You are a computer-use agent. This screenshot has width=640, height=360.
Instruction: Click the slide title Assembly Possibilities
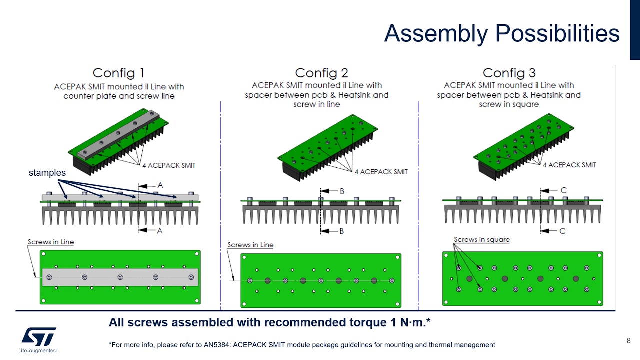tap(501, 34)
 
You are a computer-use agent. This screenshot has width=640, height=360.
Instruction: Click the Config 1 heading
tap(119, 73)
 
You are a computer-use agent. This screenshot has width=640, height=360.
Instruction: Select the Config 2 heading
tap(321, 73)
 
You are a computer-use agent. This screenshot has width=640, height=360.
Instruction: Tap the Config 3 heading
tap(509, 73)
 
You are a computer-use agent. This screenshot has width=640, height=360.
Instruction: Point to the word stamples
tap(47, 172)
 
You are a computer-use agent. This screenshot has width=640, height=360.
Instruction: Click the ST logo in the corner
tap(38, 336)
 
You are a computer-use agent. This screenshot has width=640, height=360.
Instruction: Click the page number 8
tap(628, 341)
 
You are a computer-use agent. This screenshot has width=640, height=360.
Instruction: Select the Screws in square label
tap(481, 239)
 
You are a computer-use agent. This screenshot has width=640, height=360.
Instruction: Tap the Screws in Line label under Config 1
tap(50, 242)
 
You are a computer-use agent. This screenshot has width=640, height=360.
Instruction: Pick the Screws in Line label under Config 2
tap(250, 245)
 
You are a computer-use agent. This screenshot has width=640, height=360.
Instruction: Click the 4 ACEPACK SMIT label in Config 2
tap(381, 172)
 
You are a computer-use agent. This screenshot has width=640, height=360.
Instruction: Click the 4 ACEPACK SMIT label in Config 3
tap(569, 165)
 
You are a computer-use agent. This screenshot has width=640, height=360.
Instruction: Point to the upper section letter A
tap(160, 185)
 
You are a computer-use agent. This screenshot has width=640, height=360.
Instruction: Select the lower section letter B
tap(342, 231)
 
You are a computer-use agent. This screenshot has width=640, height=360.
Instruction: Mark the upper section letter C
tap(563, 190)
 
